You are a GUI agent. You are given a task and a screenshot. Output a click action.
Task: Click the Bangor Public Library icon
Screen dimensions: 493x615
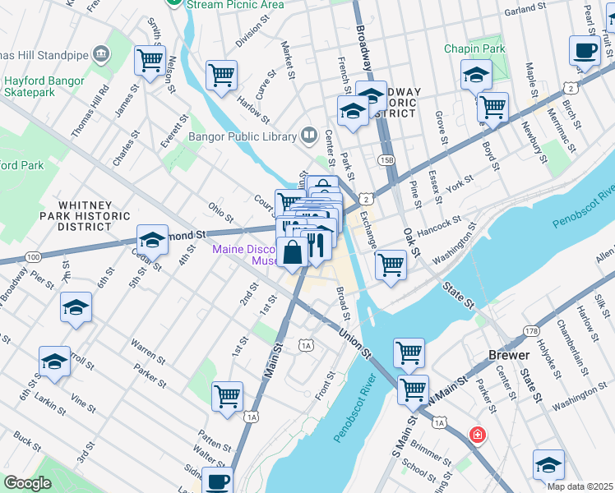coord(309,134)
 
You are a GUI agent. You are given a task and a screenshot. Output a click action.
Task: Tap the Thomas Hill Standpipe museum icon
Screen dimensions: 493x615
coord(101,54)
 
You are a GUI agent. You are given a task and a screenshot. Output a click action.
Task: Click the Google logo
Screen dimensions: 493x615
coord(27,483)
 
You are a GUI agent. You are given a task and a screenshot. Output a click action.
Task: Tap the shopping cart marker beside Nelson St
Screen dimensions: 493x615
coord(150,59)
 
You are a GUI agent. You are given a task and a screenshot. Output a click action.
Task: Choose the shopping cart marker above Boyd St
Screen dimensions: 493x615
coord(492,106)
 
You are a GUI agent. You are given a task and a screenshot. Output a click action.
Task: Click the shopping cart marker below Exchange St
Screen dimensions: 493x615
coord(391,264)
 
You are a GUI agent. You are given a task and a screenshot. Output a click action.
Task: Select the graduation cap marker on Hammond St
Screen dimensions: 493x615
coord(152,239)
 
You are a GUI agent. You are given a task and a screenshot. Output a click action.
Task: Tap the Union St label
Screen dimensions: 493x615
coord(355,344)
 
